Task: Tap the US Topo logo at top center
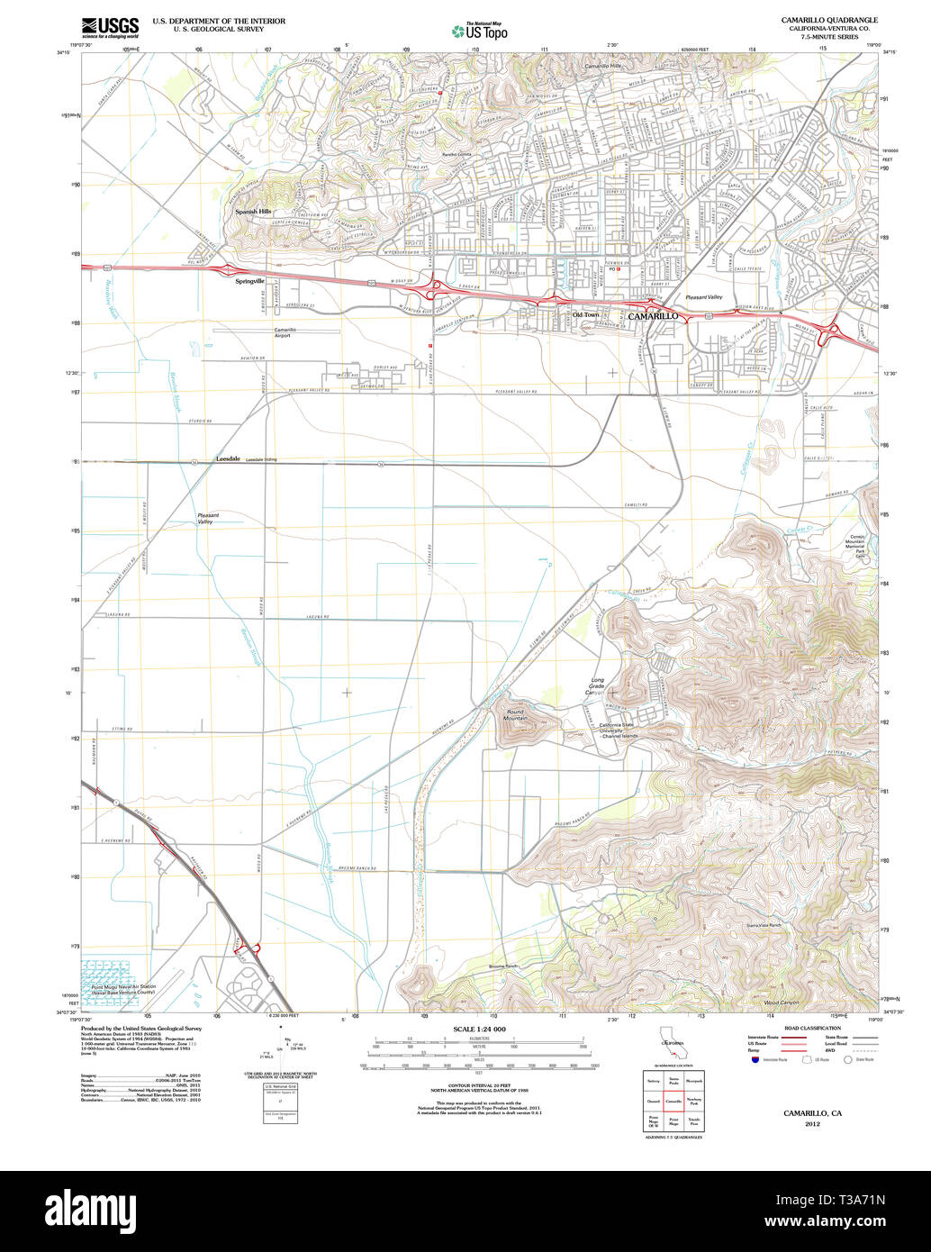click(x=479, y=31)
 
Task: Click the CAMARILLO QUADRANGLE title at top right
click(x=830, y=20)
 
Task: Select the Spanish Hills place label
click(x=253, y=211)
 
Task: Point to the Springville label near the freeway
click(x=249, y=281)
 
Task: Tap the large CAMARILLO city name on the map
click(x=652, y=316)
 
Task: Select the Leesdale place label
click(x=228, y=458)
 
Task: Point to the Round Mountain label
click(x=516, y=714)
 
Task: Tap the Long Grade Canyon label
click(x=597, y=686)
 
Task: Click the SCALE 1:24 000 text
click(x=479, y=1029)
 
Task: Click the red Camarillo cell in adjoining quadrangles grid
click(x=673, y=1101)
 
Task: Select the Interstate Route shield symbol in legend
click(x=752, y=1060)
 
